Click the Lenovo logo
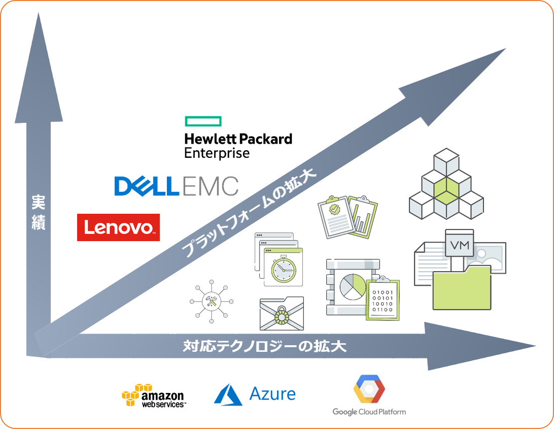[118, 227]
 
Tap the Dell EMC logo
[176, 186]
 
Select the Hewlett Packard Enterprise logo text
[238, 146]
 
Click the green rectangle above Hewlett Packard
[203, 121]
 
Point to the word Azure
[272, 394]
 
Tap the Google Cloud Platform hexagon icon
[369, 389]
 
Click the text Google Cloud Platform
[369, 412]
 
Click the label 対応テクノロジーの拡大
[264, 347]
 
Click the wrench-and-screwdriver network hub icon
[211, 302]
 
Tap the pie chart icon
[352, 286]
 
